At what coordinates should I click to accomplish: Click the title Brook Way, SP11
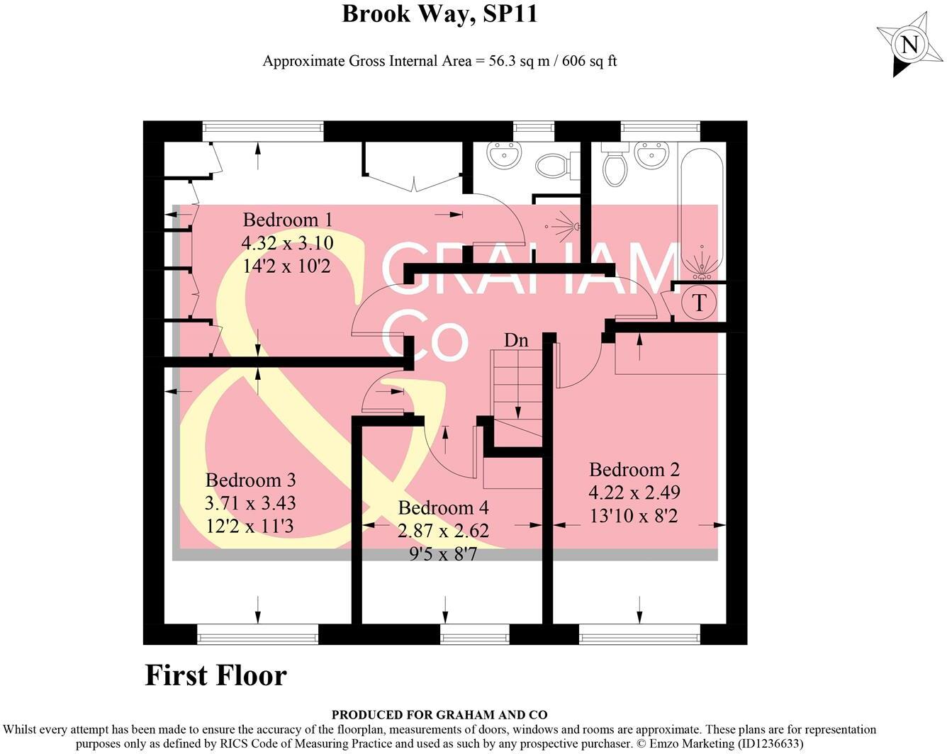pos(439,14)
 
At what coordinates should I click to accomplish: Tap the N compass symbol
pos(909,46)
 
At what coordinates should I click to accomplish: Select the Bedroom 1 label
pos(287,220)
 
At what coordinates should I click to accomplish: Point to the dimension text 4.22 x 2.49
pos(634,493)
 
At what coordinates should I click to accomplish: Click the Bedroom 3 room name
pos(250,480)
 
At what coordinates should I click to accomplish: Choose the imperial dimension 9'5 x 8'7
pos(444,553)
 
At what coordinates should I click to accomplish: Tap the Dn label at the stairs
pos(516,340)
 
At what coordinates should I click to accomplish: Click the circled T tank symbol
pos(699,303)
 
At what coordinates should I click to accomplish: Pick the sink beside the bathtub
pos(651,154)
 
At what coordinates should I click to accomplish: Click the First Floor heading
pos(215,675)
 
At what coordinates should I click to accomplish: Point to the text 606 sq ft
pos(589,61)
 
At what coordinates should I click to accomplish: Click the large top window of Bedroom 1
pos(262,131)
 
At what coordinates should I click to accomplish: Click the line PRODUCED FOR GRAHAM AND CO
pos(439,715)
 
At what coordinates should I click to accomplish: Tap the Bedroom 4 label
pos(444,507)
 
